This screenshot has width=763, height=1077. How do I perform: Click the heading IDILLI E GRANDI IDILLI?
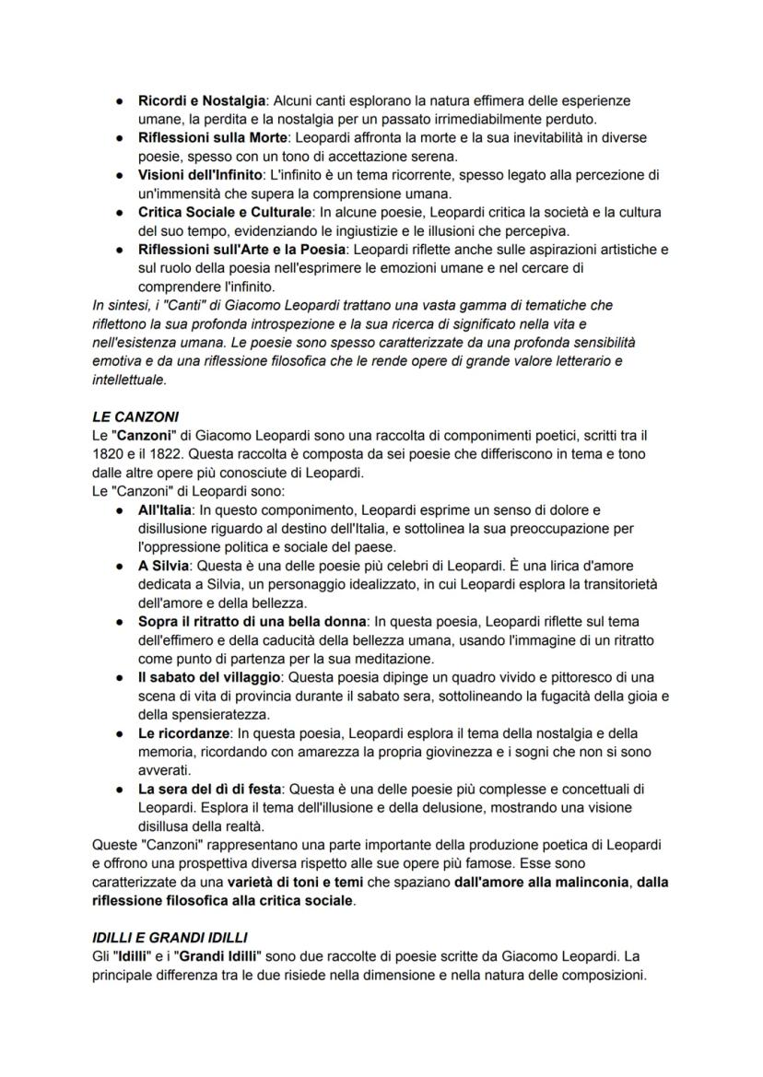coord(170,938)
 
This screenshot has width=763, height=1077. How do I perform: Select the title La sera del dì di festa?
coord(210,789)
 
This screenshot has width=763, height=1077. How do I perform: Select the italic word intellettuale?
coord(129,379)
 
